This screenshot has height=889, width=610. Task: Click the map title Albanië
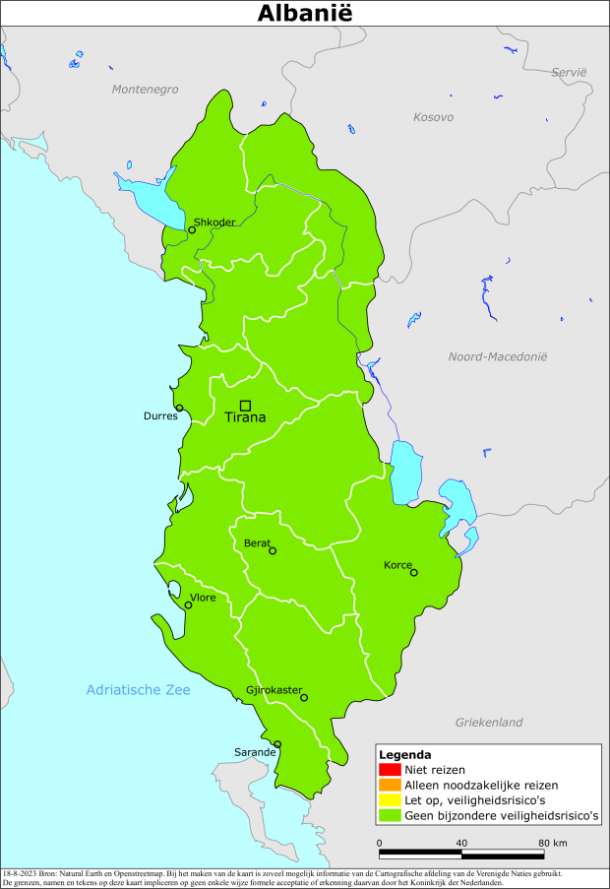tap(305, 13)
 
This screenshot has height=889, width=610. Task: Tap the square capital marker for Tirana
tap(245, 405)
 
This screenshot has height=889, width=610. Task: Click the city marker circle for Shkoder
tap(192, 230)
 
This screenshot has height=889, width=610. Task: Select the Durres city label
tap(161, 415)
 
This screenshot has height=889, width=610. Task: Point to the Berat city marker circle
tap(273, 551)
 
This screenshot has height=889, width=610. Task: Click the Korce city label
tap(398, 565)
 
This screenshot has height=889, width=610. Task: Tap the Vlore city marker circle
tap(188, 605)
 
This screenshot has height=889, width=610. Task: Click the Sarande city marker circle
tap(277, 744)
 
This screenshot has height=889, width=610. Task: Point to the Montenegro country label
tap(145, 89)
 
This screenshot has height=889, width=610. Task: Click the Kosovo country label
tap(433, 117)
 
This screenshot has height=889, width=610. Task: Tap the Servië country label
tap(568, 72)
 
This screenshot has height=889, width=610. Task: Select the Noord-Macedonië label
tap(497, 356)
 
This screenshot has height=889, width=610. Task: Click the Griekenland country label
tap(489, 723)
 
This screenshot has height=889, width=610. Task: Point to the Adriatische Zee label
tap(138, 690)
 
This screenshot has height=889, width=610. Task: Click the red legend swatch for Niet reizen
tap(389, 769)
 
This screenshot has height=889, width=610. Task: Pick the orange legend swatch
tap(389, 785)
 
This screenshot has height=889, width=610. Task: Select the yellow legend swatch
tap(389, 800)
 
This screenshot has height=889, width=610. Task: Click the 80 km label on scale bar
tap(552, 843)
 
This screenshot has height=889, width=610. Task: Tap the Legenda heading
tap(404, 754)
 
